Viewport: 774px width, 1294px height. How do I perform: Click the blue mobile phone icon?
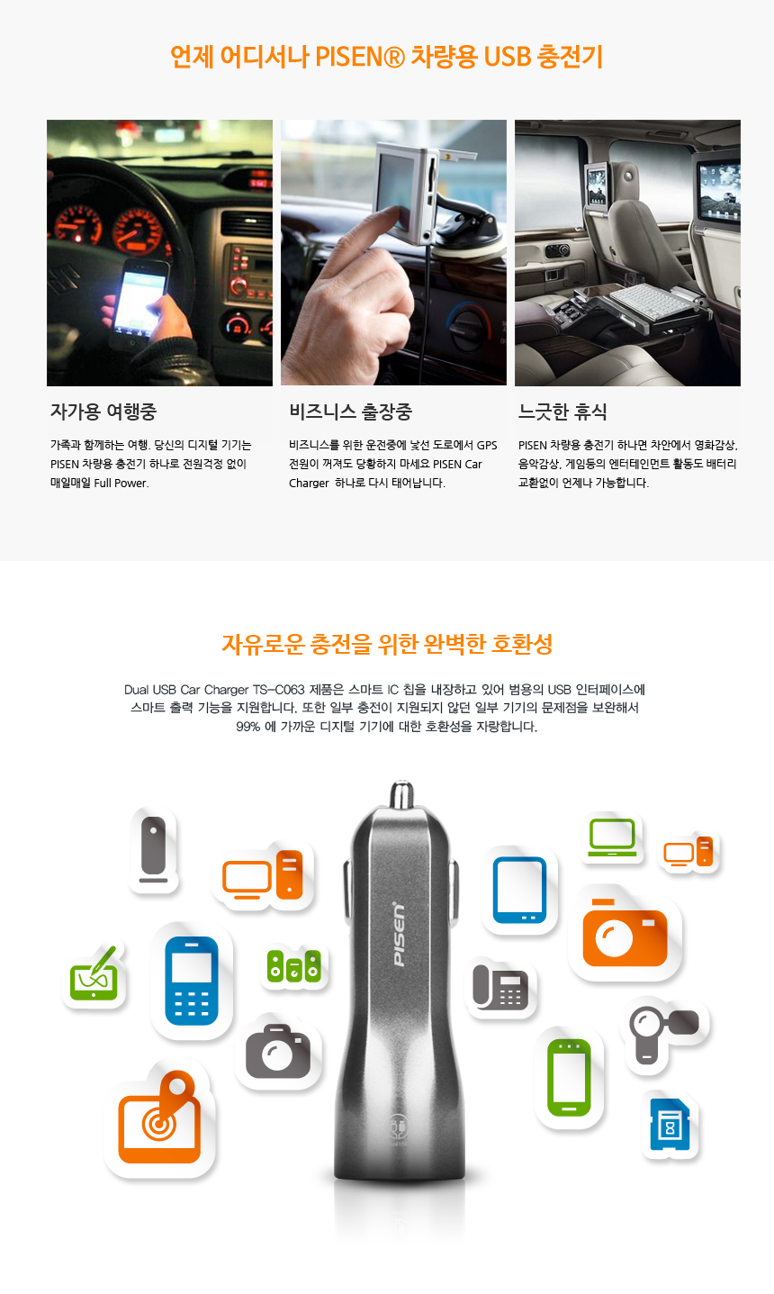click(192, 981)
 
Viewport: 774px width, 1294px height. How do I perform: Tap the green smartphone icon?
click(569, 1077)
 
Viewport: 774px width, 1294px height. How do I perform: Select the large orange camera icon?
click(625, 932)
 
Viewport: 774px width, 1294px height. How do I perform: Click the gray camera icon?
click(278, 1052)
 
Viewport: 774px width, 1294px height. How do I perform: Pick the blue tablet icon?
click(519, 891)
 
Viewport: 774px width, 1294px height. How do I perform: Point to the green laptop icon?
click(612, 837)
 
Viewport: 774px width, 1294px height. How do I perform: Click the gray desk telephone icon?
click(500, 987)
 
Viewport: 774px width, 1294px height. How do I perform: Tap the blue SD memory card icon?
click(670, 1124)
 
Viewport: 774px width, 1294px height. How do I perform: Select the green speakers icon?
click(294, 966)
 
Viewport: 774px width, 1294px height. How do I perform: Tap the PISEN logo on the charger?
click(399, 934)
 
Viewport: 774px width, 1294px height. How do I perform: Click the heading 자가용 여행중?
click(103, 412)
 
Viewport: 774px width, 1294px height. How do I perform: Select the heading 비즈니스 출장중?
click(350, 412)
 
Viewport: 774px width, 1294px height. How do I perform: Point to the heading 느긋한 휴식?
click(562, 412)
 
